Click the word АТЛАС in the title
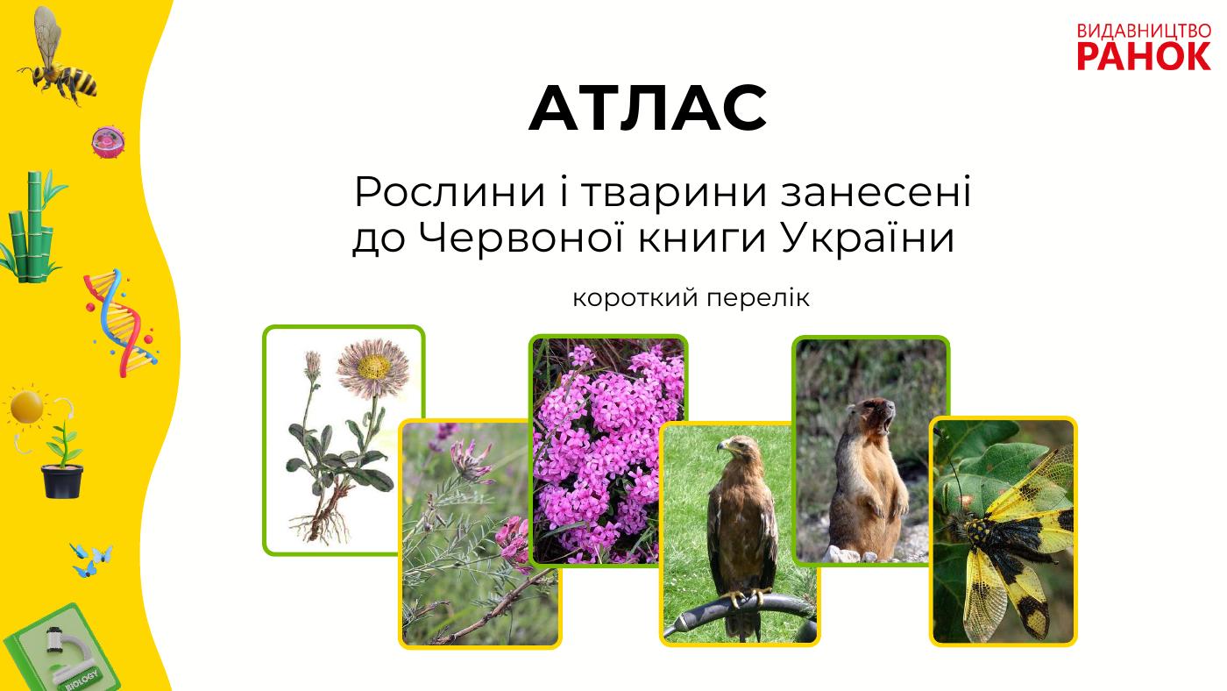tap(648, 108)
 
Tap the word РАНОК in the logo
tap(1145, 56)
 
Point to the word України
tap(868, 239)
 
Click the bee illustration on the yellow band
tap(58, 56)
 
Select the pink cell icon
tap(108, 142)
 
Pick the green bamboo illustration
tap(34, 226)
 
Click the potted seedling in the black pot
tap(62, 463)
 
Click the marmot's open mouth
tap(888, 420)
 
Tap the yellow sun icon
tap(26, 407)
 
